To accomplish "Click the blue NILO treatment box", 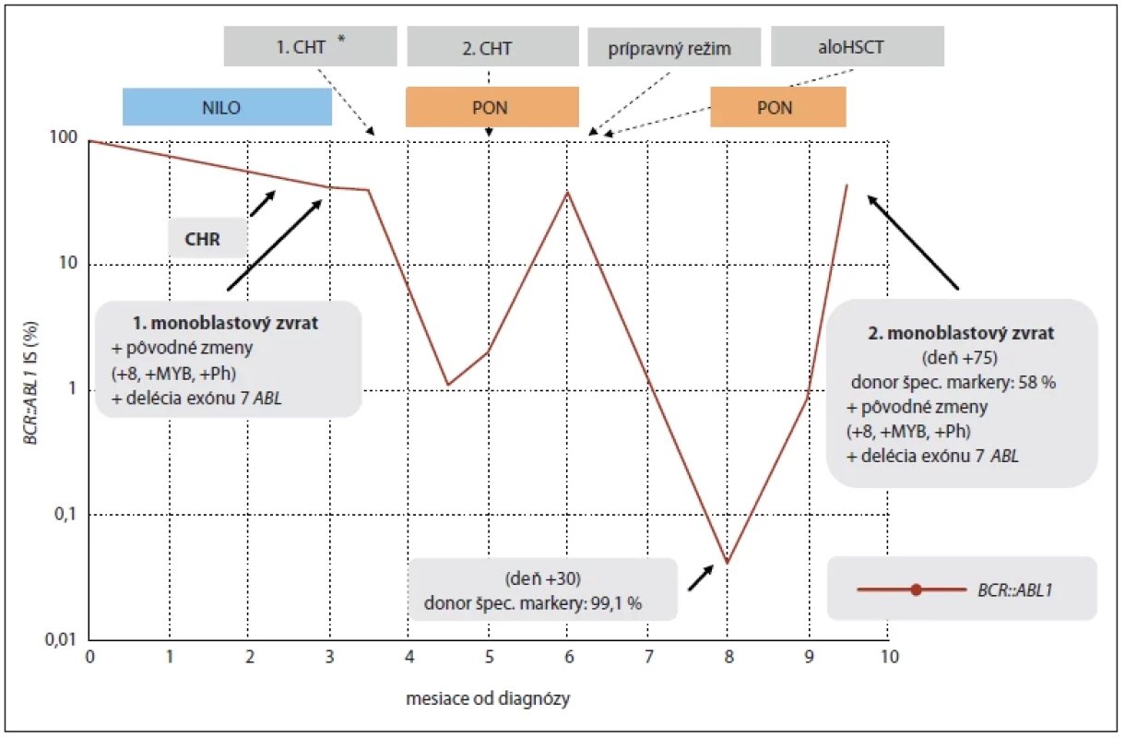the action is [227, 107].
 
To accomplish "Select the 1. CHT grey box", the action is [311, 46].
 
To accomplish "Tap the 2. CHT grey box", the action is [492, 46].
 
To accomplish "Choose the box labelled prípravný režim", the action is [674, 46].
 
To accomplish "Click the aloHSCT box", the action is [858, 46].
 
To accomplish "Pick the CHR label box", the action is [207, 238].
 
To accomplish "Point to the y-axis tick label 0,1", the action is [65, 514].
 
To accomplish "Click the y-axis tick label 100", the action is [64, 137].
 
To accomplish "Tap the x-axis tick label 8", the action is [728, 657].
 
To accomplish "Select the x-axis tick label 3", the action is [329, 657].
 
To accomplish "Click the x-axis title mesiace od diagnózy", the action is [488, 699].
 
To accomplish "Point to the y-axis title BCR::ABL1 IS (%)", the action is [30, 383].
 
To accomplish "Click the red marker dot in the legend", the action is [916, 589].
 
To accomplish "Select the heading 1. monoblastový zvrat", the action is [226, 323].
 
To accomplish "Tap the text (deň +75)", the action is [960, 358].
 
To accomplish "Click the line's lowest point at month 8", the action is [728, 562].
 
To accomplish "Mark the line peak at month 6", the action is [567, 192].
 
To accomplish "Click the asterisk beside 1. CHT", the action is [341, 39].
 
